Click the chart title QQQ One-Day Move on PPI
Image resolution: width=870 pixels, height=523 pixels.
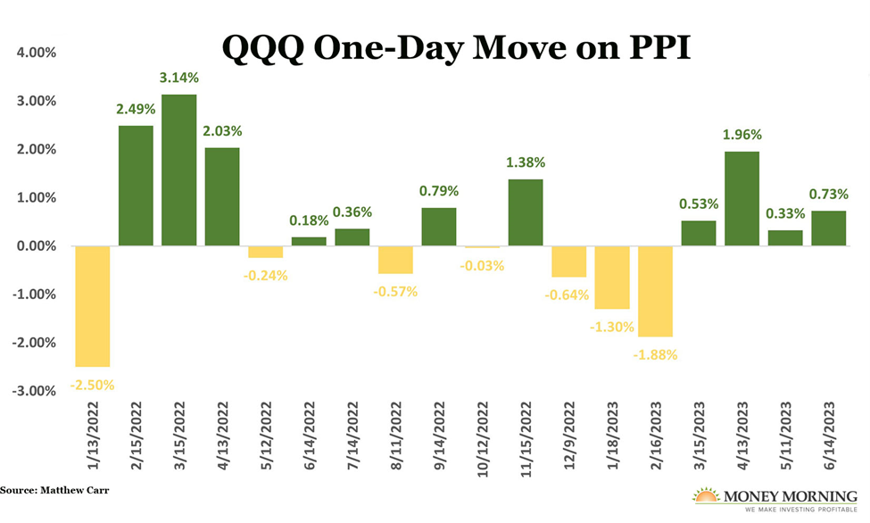(x=456, y=47)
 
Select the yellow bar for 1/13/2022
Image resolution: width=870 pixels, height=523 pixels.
(x=92, y=306)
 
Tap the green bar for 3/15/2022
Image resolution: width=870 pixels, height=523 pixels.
(x=178, y=170)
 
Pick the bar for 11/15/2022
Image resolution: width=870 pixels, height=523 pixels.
(x=525, y=212)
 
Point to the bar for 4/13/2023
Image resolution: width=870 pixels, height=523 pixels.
(x=742, y=198)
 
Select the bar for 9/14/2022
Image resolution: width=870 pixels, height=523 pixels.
(x=438, y=227)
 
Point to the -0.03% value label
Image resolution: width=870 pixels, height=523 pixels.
(x=482, y=265)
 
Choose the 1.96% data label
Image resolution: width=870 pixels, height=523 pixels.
(x=742, y=137)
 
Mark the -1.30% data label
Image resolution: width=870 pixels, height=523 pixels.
(x=611, y=327)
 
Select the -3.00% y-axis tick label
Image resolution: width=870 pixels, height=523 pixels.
(x=34, y=391)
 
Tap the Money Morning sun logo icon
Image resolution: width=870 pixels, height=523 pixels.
(x=705, y=495)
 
